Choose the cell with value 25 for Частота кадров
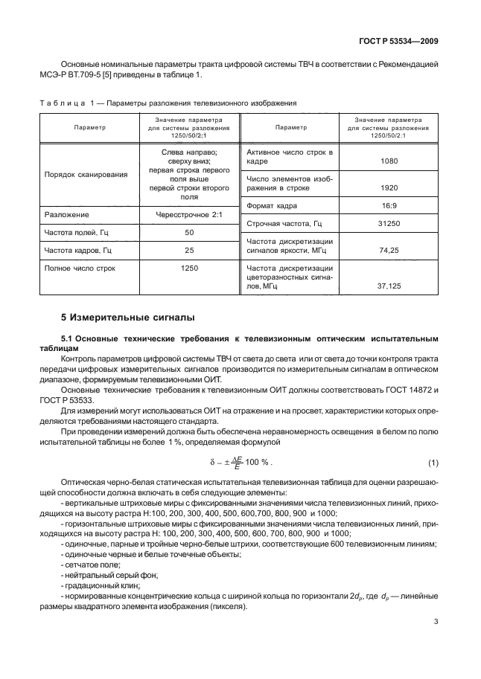pos(189,250)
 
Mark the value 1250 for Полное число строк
pos(189,267)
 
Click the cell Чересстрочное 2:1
pos(189,215)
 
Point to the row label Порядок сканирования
pos(86,174)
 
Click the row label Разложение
pos(67,215)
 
